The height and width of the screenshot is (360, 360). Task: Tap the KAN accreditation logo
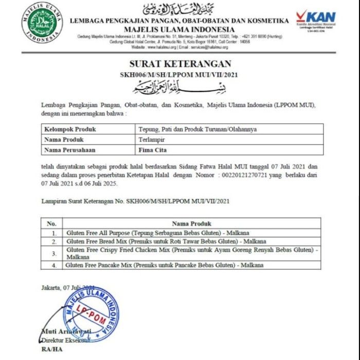point(315,21)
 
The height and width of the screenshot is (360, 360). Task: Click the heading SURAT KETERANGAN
point(179,64)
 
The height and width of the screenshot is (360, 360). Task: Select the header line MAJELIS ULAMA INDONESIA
point(179,29)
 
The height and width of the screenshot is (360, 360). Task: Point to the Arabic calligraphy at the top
point(179,9)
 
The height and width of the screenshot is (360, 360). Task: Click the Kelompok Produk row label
point(70,129)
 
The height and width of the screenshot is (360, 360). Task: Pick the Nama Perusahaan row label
point(74,150)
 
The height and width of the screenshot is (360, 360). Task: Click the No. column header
point(51,224)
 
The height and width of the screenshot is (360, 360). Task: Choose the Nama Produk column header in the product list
point(191,224)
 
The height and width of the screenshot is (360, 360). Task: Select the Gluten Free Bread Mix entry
point(166,241)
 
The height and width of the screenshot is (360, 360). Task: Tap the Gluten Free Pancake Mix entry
point(165,265)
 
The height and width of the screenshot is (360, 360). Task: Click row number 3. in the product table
point(53,253)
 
